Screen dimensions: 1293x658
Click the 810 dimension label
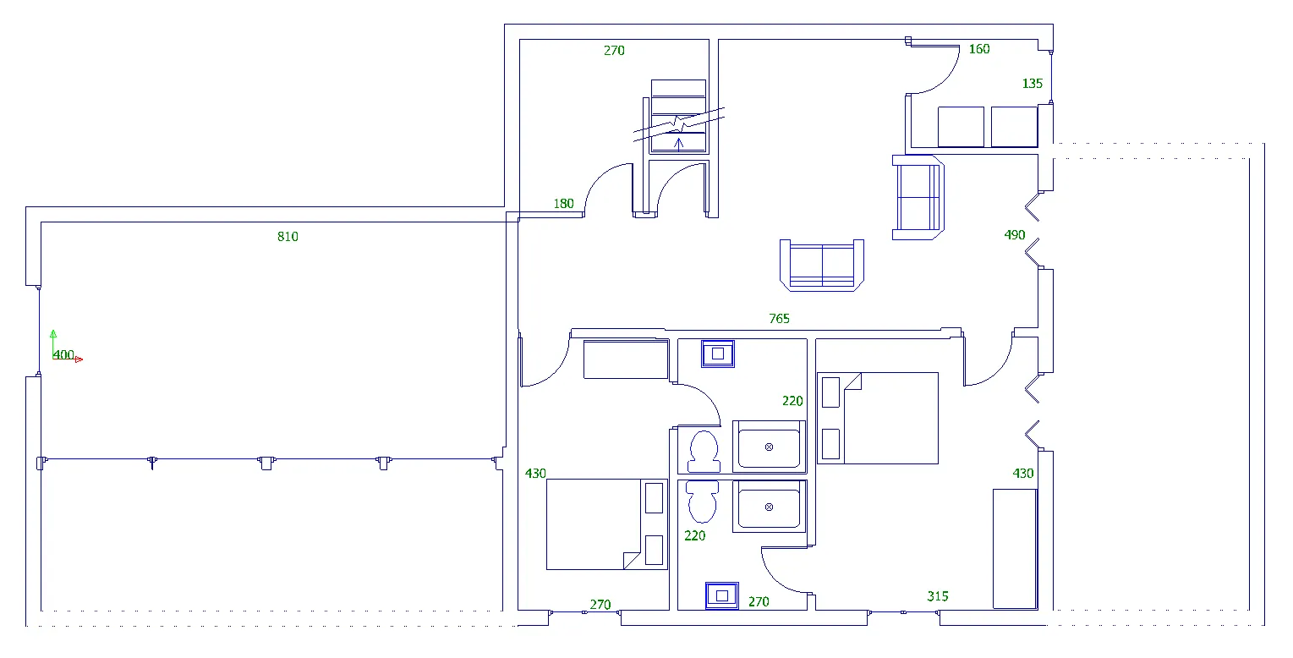point(288,237)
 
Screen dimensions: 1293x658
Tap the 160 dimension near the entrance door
point(979,49)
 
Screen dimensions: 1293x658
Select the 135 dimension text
point(1032,84)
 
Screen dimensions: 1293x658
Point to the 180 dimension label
point(563,204)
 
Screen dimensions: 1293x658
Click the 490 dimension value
point(1014,235)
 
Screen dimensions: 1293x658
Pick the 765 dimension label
point(779,319)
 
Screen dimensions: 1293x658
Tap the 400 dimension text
point(63,354)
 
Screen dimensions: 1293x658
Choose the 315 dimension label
point(938,596)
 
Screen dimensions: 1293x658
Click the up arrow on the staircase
point(679,144)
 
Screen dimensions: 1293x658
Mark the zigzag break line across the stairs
point(679,124)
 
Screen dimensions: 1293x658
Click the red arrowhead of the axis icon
point(79,359)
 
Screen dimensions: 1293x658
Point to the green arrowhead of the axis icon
point(53,333)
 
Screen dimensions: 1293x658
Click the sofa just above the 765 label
point(822,266)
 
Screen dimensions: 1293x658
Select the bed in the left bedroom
point(606,524)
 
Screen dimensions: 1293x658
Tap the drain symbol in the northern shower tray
point(769,447)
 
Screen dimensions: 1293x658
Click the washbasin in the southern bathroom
point(721,595)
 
